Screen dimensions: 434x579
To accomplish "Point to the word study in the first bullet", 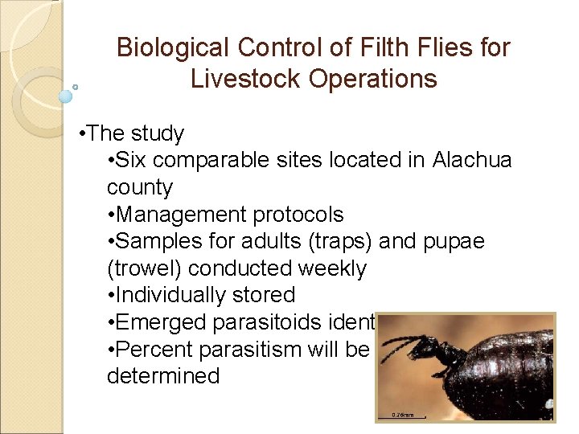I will (x=157, y=133).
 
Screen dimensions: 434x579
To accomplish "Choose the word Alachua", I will (x=472, y=161).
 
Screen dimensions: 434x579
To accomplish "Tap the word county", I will (x=140, y=188).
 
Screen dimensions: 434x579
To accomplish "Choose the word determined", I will (x=162, y=376).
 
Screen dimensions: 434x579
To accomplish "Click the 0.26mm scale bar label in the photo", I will (x=403, y=415).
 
